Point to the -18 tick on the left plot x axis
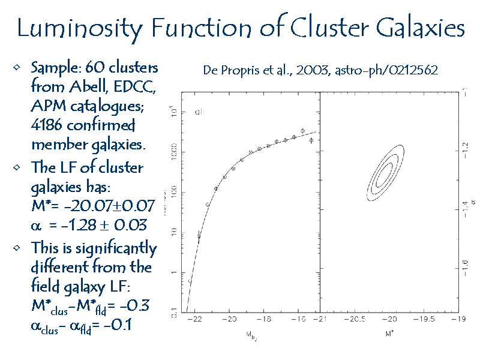(265, 319)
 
